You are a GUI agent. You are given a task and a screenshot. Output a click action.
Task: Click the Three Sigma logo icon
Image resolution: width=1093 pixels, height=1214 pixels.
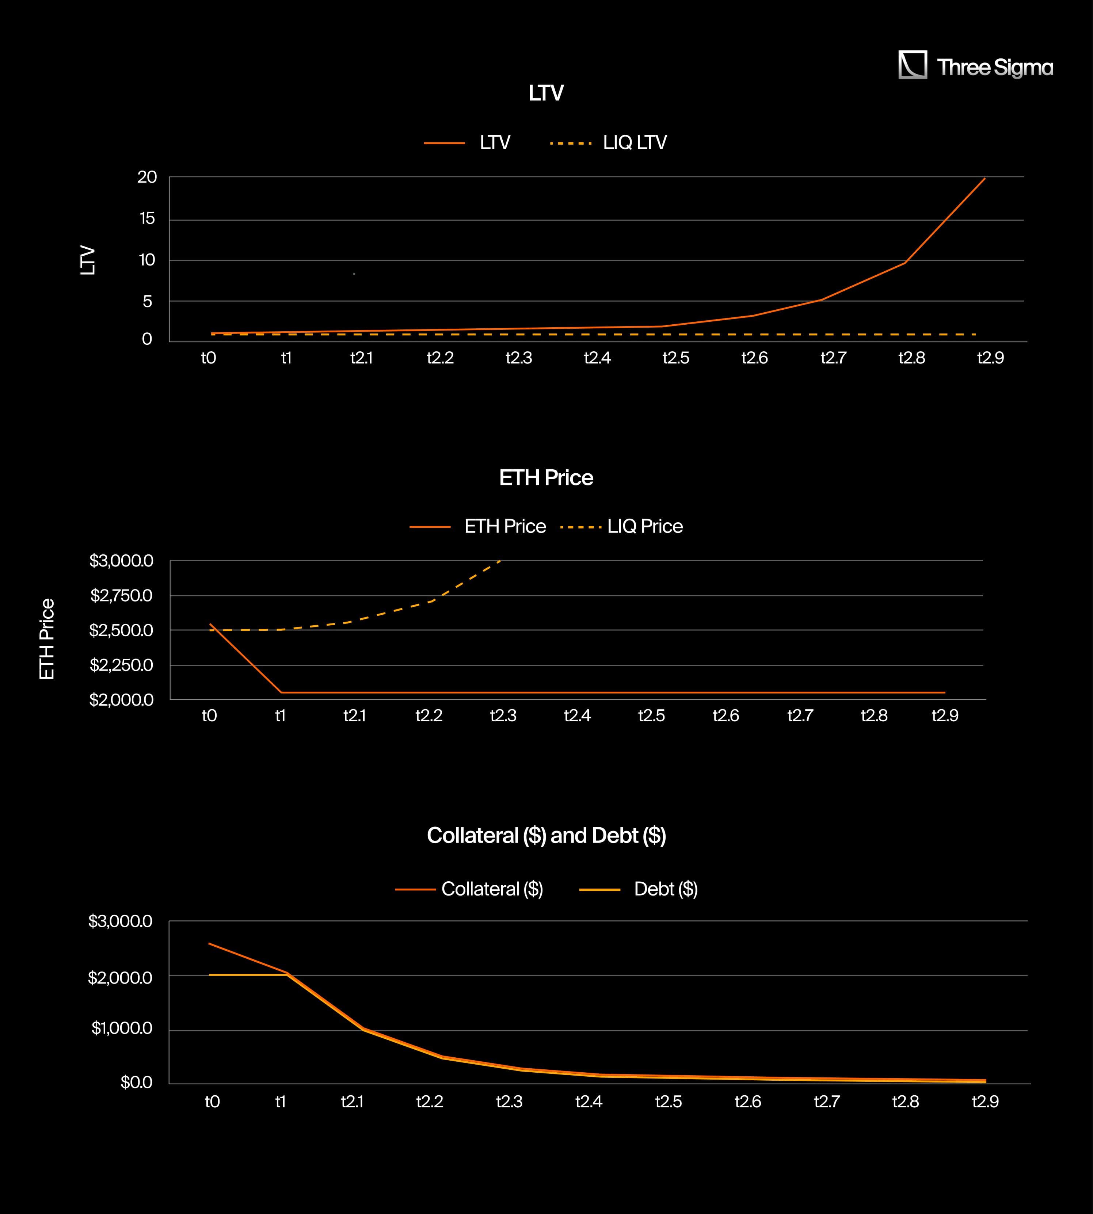[912, 65]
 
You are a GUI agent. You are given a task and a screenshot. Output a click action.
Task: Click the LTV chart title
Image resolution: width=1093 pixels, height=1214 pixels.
[546, 93]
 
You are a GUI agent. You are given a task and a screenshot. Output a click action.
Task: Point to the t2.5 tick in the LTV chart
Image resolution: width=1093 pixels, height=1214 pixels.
[675, 358]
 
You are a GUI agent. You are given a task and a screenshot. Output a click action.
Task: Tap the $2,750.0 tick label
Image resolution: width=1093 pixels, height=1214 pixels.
[121, 596]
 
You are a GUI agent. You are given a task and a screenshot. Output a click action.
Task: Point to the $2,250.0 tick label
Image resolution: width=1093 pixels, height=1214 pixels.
[121, 665]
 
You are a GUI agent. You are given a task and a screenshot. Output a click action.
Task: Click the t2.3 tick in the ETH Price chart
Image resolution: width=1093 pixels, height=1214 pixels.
[503, 716]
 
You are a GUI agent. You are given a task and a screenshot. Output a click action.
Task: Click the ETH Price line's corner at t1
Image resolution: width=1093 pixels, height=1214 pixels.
[281, 692]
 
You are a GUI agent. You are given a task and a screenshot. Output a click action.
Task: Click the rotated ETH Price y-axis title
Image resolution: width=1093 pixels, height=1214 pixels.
[47, 639]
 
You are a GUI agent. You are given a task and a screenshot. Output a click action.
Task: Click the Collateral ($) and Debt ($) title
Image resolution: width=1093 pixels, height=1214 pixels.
[546, 836]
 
